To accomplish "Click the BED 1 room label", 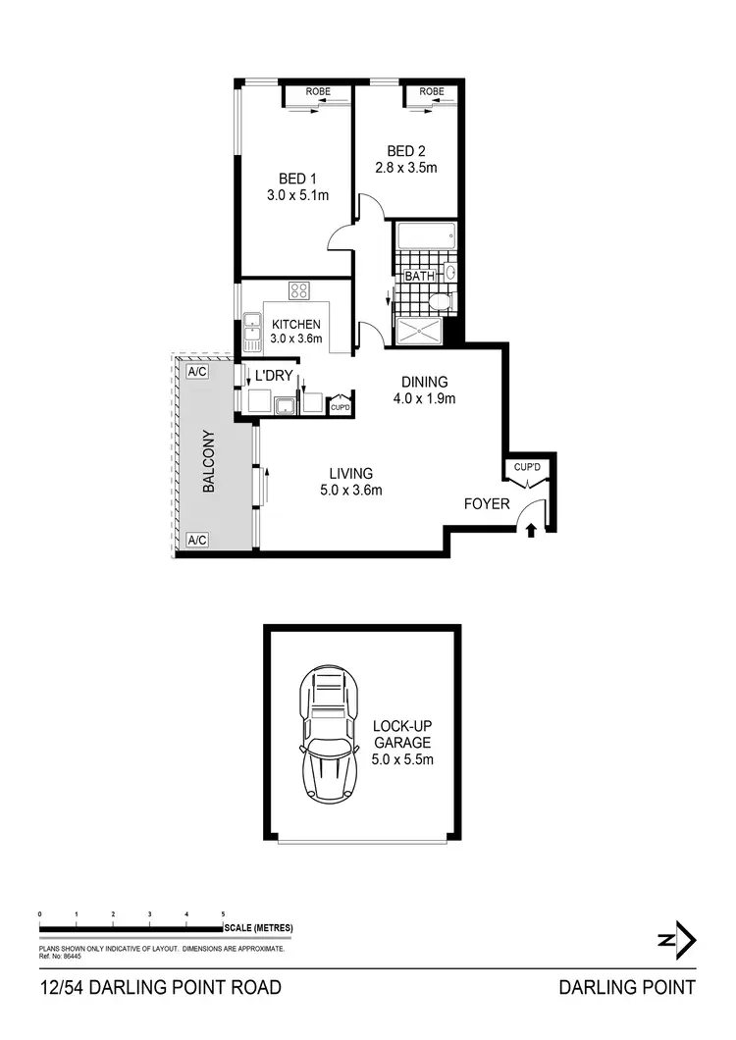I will click(x=297, y=179).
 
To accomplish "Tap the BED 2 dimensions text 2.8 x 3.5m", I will click(x=405, y=168).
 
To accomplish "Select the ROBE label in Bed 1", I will click(x=317, y=92).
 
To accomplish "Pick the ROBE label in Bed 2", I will click(x=432, y=92).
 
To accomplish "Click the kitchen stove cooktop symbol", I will click(x=299, y=291).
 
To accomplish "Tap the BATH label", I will click(x=419, y=277).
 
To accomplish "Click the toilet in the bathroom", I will click(x=441, y=301).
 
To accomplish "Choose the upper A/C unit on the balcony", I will click(x=196, y=373).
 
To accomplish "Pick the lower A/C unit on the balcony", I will click(x=196, y=540).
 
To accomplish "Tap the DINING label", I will click(x=425, y=383).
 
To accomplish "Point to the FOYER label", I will click(x=488, y=504).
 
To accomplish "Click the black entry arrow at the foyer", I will click(x=531, y=531).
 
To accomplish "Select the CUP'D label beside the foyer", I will click(x=528, y=468).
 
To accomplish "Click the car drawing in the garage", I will click(x=328, y=734).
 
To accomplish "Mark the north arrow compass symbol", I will click(x=677, y=940).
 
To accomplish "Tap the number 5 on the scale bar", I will click(x=224, y=914).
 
